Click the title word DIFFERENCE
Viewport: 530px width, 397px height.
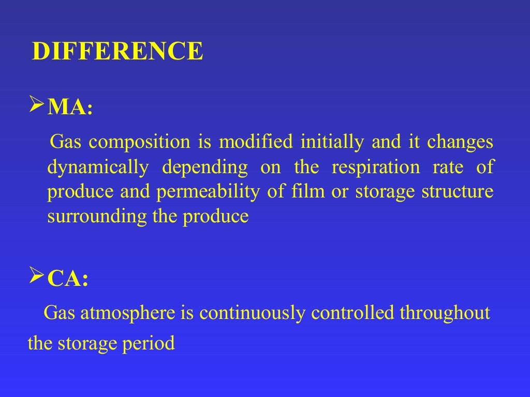tap(117, 52)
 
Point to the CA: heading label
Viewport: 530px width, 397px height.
tap(68, 279)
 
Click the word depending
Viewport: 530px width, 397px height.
tap(204, 168)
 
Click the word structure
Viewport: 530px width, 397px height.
tap(458, 192)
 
